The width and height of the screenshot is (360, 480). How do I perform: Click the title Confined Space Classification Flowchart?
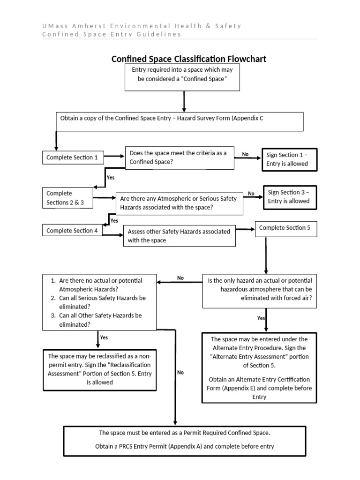click(188, 59)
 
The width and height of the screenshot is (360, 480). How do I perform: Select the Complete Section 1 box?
click(73, 157)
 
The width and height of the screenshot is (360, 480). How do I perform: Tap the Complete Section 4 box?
click(73, 231)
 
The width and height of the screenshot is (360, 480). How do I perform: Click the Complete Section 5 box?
click(285, 228)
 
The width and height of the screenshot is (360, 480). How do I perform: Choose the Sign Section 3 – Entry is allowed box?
click(289, 196)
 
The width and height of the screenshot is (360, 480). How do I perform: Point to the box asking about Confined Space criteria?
click(180, 157)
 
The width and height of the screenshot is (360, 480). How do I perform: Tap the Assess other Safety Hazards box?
click(179, 236)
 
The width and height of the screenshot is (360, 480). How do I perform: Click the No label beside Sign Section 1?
click(245, 154)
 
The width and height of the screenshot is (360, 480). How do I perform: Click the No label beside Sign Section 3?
click(251, 193)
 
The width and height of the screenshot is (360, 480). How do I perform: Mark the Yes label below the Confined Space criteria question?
click(111, 178)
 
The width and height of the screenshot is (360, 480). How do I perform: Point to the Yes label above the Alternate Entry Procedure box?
click(261, 318)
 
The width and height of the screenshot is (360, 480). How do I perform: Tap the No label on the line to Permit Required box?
click(180, 373)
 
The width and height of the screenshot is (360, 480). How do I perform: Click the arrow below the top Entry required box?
click(184, 101)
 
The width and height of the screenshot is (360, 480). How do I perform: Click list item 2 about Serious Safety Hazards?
click(102, 302)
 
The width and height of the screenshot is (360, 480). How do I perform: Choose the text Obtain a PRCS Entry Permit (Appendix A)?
click(185, 446)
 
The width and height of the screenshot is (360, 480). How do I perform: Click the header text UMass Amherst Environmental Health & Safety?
click(142, 26)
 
